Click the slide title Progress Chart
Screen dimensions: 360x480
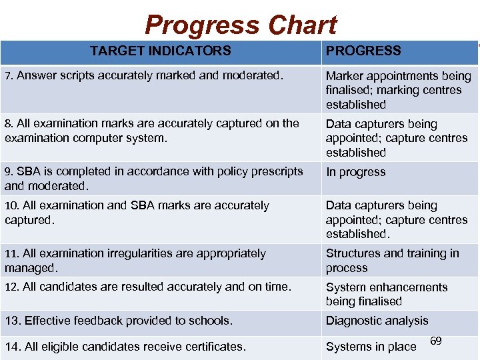241,25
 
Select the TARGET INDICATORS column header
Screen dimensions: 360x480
161,51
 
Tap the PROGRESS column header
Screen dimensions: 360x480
363,51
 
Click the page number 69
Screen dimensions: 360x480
436,341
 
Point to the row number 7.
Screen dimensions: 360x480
8,76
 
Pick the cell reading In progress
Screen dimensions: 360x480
355,172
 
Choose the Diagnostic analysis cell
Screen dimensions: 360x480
377,321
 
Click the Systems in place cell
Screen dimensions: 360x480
371,347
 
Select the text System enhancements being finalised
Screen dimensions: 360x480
387,294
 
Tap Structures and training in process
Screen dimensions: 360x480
392,261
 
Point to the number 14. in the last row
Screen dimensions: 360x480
12,346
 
